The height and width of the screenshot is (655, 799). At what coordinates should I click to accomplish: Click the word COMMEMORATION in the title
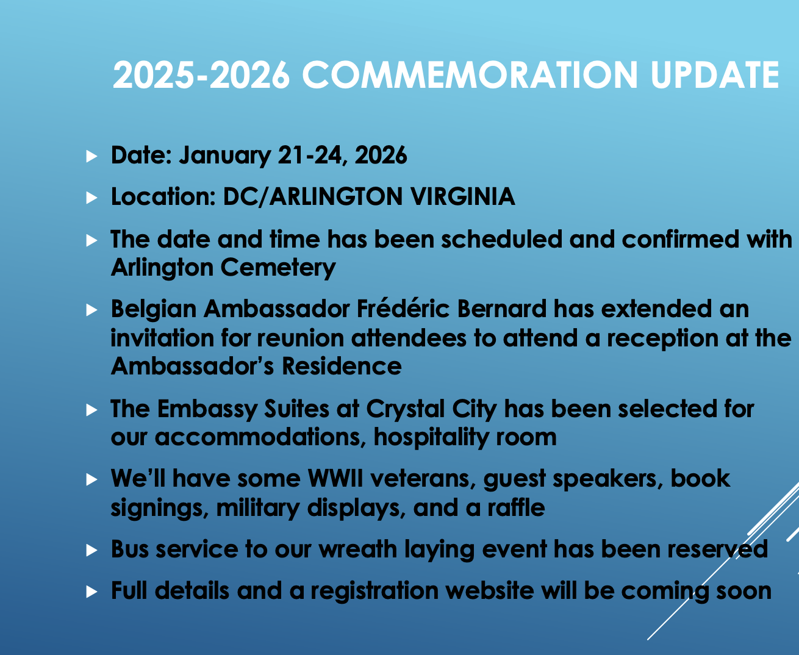tap(470, 75)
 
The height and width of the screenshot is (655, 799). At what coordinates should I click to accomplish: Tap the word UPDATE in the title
tap(715, 75)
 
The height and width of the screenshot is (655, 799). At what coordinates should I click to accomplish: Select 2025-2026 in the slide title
tap(201, 75)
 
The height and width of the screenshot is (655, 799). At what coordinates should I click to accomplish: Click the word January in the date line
tap(225, 156)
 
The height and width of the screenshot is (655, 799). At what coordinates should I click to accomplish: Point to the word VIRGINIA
tap(462, 196)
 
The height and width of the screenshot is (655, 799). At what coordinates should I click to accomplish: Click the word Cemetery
tap(278, 268)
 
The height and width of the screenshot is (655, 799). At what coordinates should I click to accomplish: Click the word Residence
tap(342, 367)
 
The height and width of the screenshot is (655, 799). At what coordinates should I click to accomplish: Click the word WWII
tap(335, 479)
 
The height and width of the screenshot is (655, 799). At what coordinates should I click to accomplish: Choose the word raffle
tap(517, 507)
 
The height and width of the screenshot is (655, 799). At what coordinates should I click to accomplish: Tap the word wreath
tap(357, 549)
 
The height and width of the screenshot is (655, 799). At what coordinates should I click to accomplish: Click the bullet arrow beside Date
tap(91, 157)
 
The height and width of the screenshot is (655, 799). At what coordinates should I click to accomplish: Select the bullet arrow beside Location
tap(91, 198)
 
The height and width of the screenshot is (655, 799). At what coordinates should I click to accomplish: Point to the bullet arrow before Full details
tap(91, 592)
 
